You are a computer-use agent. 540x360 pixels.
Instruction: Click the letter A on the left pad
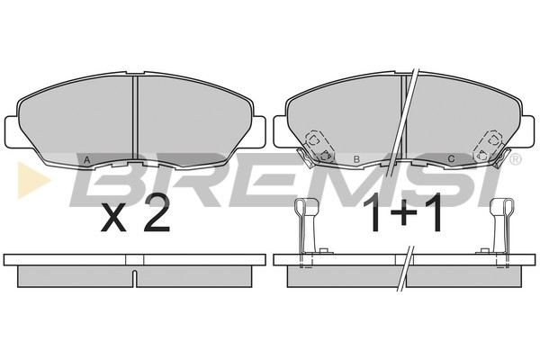coord(87,159)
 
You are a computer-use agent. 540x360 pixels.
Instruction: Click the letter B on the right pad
coord(356,159)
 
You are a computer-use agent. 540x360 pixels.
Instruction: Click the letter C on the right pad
coord(451,158)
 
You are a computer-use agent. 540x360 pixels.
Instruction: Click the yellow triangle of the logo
coord(34,179)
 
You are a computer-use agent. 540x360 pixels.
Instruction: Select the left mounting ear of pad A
coord(11,132)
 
